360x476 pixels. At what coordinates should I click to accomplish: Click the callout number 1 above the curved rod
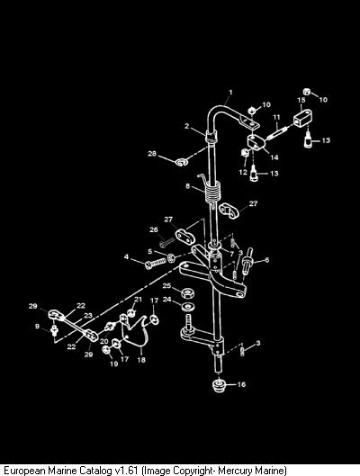coord(230,93)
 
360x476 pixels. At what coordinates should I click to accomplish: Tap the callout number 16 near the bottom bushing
coord(241,384)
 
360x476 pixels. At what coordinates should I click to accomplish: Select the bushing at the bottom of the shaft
coord(219,385)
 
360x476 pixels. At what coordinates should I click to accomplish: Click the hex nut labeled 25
coord(188,293)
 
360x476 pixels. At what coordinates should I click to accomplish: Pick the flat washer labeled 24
coord(188,306)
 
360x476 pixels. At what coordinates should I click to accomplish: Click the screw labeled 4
coord(156,264)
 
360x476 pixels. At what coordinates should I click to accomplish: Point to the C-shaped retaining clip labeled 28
coord(182,162)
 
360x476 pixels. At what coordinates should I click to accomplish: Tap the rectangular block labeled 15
coord(303,118)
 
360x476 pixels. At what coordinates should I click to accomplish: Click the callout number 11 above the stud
coord(276,117)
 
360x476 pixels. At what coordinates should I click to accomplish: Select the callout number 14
coord(274,157)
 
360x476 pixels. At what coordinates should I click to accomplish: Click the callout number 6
coord(266,260)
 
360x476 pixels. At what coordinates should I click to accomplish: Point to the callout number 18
coord(141,360)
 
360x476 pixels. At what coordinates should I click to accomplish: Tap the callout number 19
coord(113,364)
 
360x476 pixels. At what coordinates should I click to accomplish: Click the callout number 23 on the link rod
coord(88,316)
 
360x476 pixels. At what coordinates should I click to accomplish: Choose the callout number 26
coord(154,229)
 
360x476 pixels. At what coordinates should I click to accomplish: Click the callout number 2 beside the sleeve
coord(187,126)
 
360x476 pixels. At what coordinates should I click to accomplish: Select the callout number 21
coord(138,300)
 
